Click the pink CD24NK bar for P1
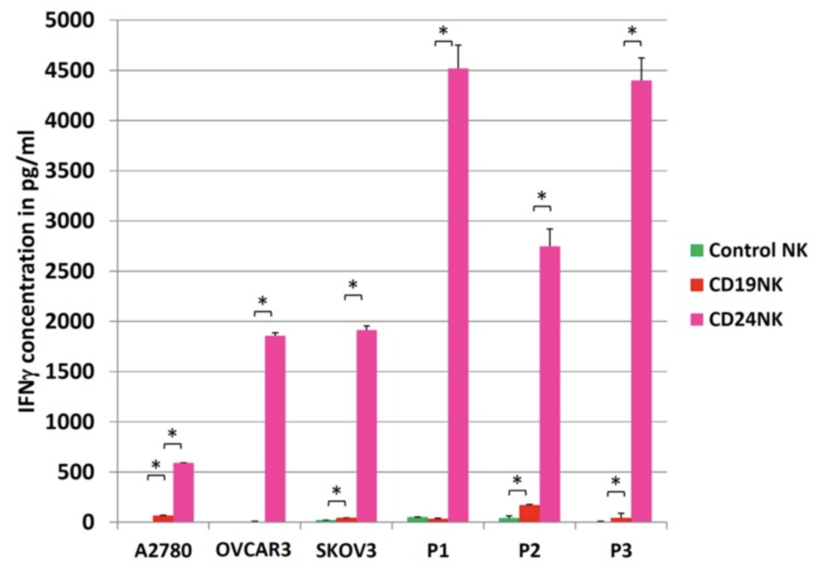click(x=458, y=295)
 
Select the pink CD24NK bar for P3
click(x=641, y=301)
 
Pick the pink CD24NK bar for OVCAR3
click(x=275, y=429)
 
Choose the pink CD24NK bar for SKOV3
click(x=366, y=426)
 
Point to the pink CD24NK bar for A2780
click(x=183, y=492)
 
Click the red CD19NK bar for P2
click(x=529, y=513)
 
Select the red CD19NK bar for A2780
click(x=163, y=518)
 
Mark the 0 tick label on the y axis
click(x=88, y=523)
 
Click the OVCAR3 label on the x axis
click(x=253, y=550)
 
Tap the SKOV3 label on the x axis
click(x=346, y=550)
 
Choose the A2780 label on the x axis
click(x=163, y=550)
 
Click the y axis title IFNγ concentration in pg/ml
click(x=26, y=271)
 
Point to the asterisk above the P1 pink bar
click(x=443, y=31)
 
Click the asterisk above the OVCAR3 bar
click(x=263, y=301)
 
